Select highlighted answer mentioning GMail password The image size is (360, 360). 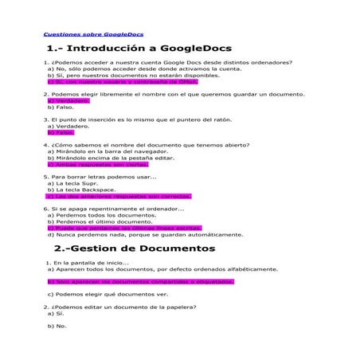[x=112, y=81]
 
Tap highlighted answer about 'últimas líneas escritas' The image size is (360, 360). [x=124, y=228]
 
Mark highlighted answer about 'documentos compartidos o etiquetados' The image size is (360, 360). [x=140, y=281]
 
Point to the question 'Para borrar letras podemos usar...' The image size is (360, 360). [x=100, y=177]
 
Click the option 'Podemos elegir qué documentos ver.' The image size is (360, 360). [x=108, y=294]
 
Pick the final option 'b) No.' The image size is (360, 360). [x=57, y=326]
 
